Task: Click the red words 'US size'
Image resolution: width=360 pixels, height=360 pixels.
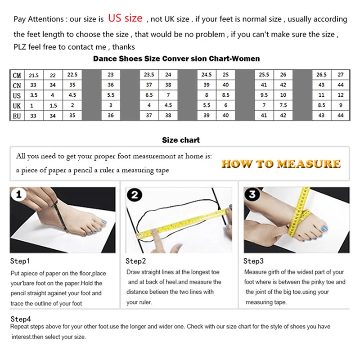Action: [x=125, y=18]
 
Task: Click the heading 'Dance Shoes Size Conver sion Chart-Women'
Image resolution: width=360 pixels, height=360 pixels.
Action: [x=176, y=58]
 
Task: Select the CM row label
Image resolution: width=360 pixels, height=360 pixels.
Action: [x=17, y=75]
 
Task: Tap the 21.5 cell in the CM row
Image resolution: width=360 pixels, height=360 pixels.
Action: [x=34, y=75]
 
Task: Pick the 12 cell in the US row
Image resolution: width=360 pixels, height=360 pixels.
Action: [x=341, y=95]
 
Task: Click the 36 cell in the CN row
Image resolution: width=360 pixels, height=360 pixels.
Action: [x=111, y=85]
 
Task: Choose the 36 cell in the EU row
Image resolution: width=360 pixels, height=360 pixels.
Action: [x=111, y=116]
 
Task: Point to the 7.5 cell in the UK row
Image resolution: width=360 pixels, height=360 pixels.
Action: [x=283, y=105]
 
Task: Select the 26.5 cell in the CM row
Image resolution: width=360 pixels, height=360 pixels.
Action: [x=321, y=75]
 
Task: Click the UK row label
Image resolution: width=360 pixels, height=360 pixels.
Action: [x=17, y=105]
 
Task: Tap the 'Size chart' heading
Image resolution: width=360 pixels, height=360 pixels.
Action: [x=181, y=140]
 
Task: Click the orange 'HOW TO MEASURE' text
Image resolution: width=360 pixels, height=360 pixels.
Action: [x=281, y=164]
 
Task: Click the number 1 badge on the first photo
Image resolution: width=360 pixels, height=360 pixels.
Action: [x=19, y=195]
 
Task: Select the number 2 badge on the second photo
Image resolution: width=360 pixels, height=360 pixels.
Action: [x=135, y=195]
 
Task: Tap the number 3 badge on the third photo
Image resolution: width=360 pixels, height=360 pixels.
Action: [x=252, y=195]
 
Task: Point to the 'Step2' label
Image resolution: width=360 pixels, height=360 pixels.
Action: [x=135, y=261]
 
